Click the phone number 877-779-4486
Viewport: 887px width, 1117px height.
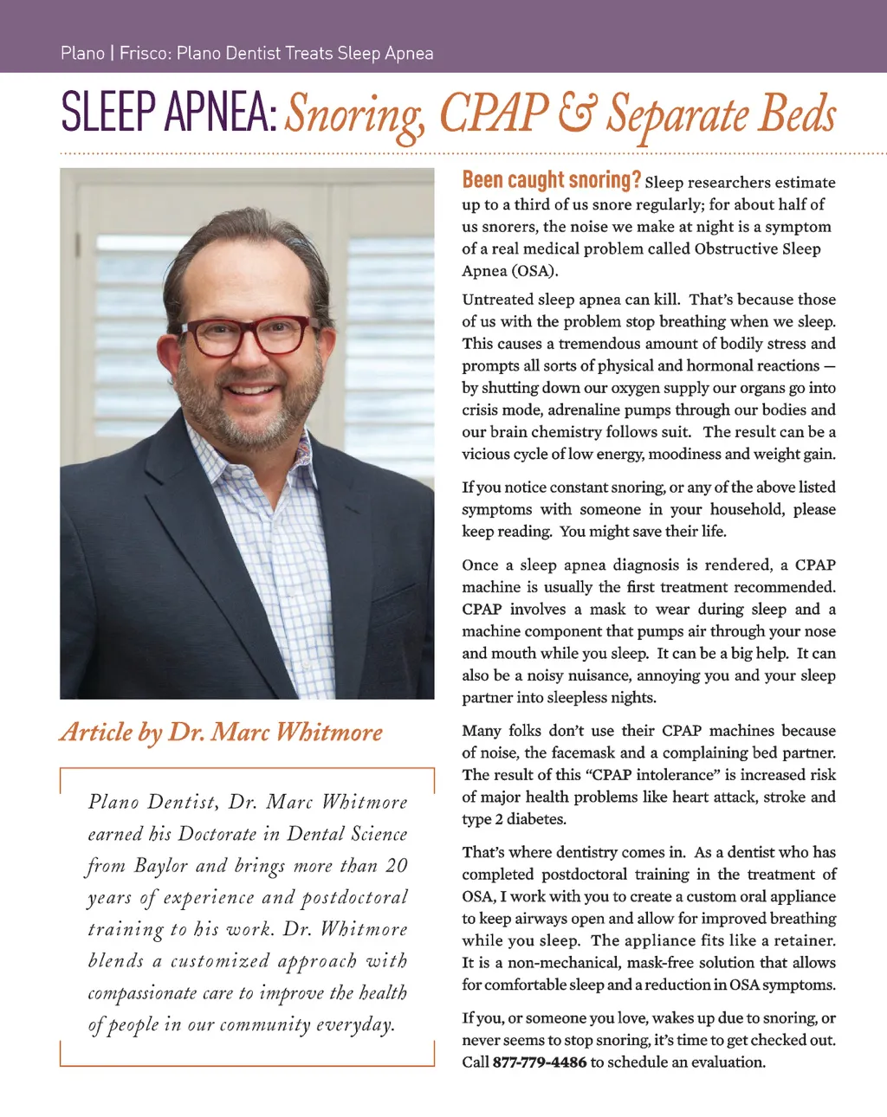539,1062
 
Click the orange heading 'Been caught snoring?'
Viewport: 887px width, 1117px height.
551,180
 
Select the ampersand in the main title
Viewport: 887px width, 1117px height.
577,113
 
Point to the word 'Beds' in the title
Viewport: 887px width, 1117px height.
798,113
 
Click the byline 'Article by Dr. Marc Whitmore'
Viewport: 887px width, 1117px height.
221,733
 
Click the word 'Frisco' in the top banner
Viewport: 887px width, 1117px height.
145,53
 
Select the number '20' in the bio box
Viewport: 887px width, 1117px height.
396,866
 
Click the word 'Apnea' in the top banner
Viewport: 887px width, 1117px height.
409,53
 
